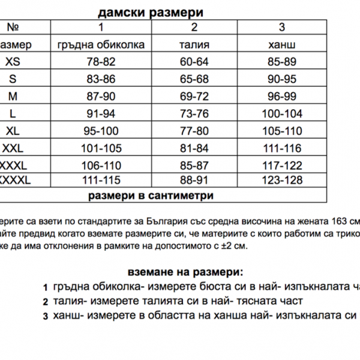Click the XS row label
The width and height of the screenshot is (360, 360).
(11, 62)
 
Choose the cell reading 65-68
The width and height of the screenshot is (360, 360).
(194, 79)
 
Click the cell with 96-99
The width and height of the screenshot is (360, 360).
(282, 96)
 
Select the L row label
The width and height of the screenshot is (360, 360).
(11, 113)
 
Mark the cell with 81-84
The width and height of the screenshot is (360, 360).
(194, 148)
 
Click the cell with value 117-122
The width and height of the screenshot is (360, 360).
(282, 164)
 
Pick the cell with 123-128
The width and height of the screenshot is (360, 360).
(282, 180)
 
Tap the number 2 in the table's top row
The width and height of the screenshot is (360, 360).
(194, 28)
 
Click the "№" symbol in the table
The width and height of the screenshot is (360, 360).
(12, 28)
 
